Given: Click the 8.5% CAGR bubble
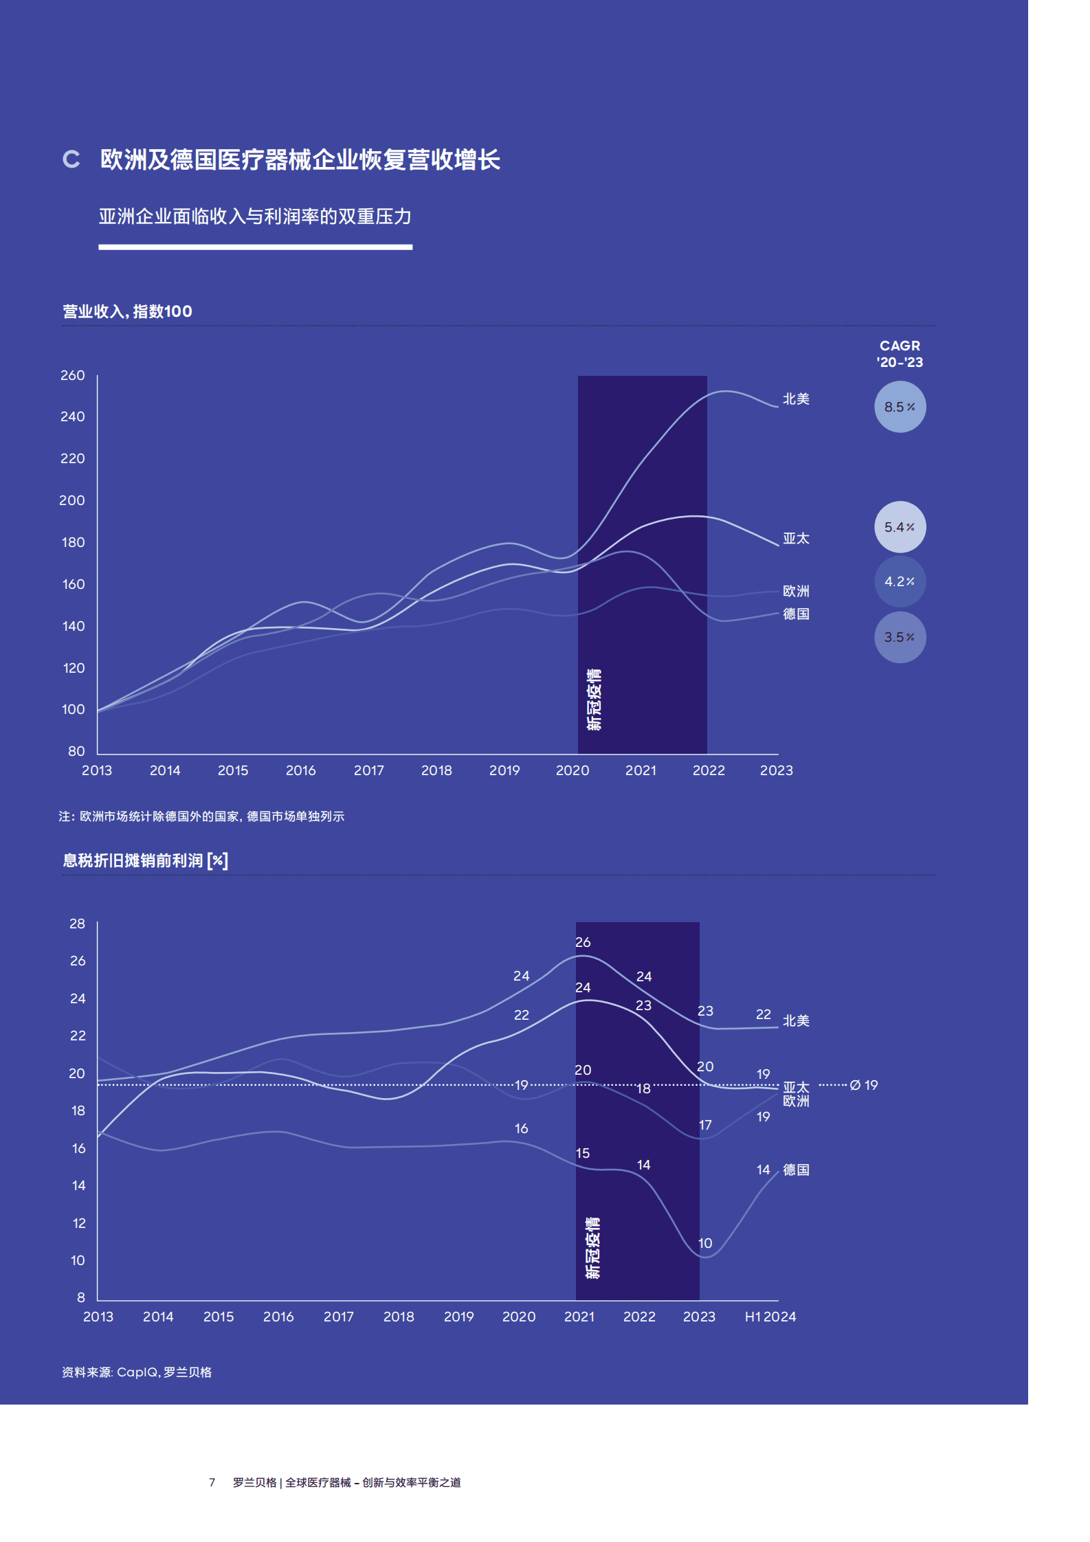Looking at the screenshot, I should pos(899,407).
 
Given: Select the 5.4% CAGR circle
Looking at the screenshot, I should pos(899,527).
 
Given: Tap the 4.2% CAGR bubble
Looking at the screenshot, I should pos(899,581).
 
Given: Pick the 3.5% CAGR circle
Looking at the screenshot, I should pos(899,637).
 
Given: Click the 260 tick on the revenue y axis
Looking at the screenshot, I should pos(72,375).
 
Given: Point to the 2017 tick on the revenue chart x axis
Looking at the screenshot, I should pos(368,770).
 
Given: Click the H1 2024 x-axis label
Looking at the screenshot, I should pos(770,1317).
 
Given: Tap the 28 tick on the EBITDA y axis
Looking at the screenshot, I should pos(77,924).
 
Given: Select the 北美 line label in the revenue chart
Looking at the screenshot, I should pos(796,399).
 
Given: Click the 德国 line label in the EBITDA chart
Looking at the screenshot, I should pos(796,1170).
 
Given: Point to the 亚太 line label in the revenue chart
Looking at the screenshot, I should pos(796,539).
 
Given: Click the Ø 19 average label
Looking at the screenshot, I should pos(864,1085).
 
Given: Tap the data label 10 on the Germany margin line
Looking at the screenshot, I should pos(705,1243).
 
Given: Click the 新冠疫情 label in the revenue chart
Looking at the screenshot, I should pos(594,700).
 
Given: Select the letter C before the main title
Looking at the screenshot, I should pos(71,159).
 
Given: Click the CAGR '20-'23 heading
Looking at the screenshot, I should pos(899,354).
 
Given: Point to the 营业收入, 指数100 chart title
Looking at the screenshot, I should pos(127,311).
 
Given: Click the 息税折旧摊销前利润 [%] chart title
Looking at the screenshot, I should pos(145,860).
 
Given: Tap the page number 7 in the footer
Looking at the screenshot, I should pos(212,1482).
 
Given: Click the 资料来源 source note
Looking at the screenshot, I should pos(137,1372).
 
